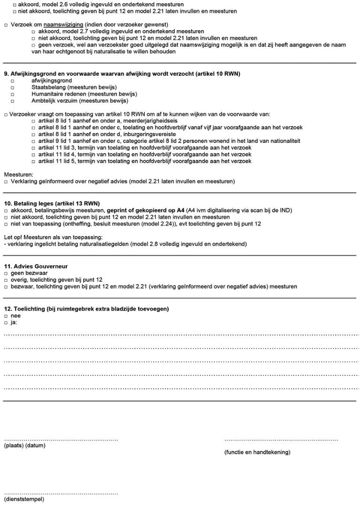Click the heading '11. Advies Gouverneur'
click(x=36, y=267)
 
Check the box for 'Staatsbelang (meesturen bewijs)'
click(x=13, y=87)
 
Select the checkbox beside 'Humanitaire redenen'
click(x=13, y=95)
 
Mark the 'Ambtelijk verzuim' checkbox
click(x=13, y=101)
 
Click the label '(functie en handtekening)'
click(x=257, y=452)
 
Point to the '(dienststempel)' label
click(x=24, y=499)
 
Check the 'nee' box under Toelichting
click(x=6, y=317)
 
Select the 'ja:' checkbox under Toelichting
click(x=6, y=323)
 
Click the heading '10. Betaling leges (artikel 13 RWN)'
click(x=52, y=203)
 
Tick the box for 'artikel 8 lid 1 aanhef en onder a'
click(x=33, y=121)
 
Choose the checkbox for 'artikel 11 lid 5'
click(x=33, y=162)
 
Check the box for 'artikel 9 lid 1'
click(x=33, y=142)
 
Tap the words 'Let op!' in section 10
click(x=14, y=237)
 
